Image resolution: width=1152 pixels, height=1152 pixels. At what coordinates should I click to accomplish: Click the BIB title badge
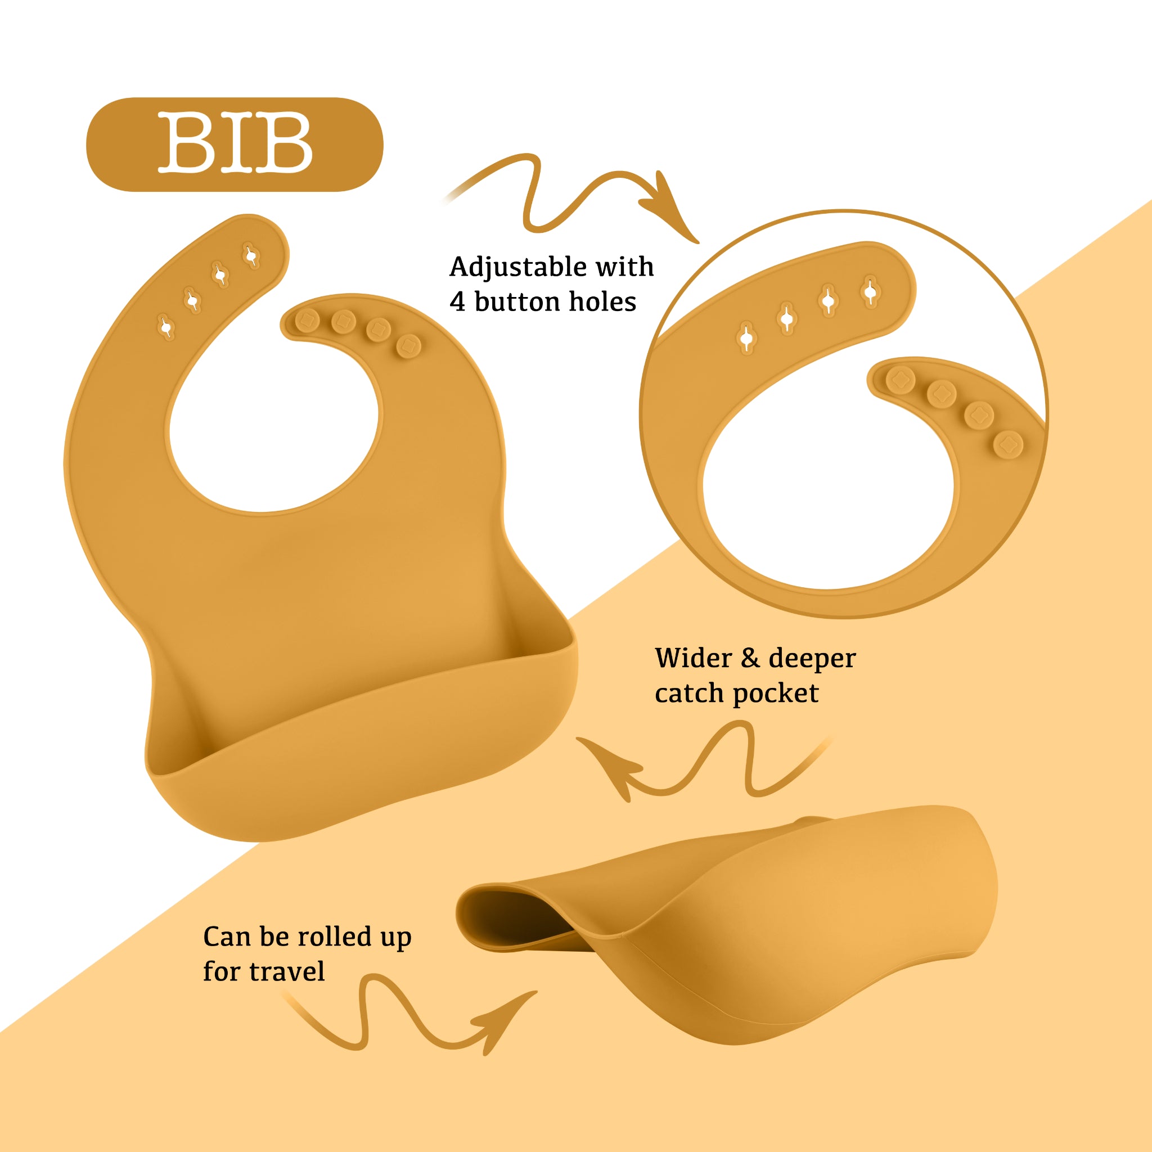coord(235,145)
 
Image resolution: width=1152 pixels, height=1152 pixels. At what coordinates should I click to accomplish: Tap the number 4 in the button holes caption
coord(457,302)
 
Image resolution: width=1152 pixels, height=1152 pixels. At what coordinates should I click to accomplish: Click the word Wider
coord(693,658)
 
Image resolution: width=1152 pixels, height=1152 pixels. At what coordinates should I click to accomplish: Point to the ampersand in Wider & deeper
coord(749,659)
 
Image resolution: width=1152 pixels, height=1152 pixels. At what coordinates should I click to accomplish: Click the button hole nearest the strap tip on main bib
coord(251,256)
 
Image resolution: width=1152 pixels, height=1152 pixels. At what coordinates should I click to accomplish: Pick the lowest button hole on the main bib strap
coord(166,327)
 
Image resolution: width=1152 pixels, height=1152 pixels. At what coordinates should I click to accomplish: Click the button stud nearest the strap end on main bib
coord(307,320)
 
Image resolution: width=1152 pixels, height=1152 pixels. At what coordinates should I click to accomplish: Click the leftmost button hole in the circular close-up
coord(746,338)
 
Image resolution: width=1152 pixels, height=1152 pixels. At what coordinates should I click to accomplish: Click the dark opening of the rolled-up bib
coord(513,919)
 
